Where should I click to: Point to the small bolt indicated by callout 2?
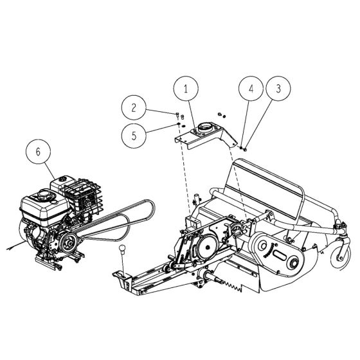(177, 114)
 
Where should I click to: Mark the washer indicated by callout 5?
(178, 126)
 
